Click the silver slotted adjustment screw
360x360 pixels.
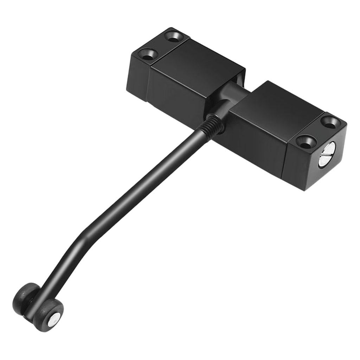[327, 155]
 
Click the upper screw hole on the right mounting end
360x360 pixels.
[330, 122]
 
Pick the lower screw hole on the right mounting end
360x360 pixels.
[304, 142]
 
